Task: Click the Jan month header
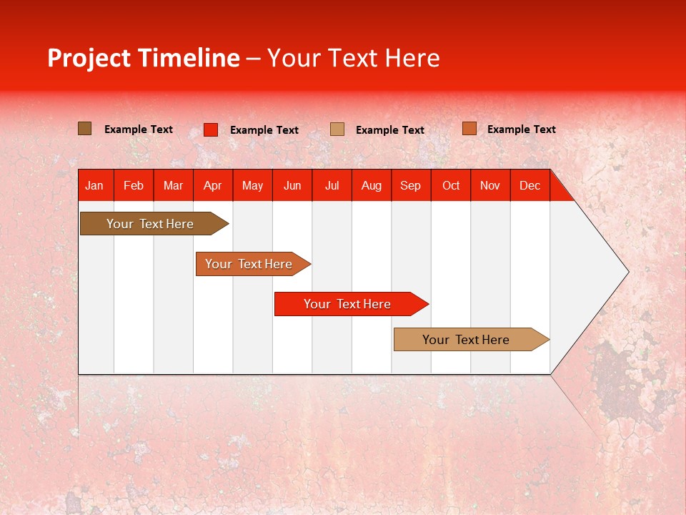pyautogui.click(x=95, y=185)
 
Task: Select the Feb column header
pyautogui.click(x=134, y=185)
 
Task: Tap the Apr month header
pyautogui.click(x=212, y=185)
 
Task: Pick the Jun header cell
pyautogui.click(x=292, y=185)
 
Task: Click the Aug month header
pyautogui.click(x=372, y=185)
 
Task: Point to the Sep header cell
pyautogui.click(x=411, y=185)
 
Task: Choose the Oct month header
pyautogui.click(x=451, y=185)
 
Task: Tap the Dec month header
pyautogui.click(x=530, y=185)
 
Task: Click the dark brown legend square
pyautogui.click(x=85, y=129)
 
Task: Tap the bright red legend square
pyautogui.click(x=211, y=129)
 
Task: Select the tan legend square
pyautogui.click(x=337, y=129)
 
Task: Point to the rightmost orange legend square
pyautogui.click(x=469, y=129)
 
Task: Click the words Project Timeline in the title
pyautogui.click(x=144, y=58)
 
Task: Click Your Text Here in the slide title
pyautogui.click(x=354, y=58)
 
